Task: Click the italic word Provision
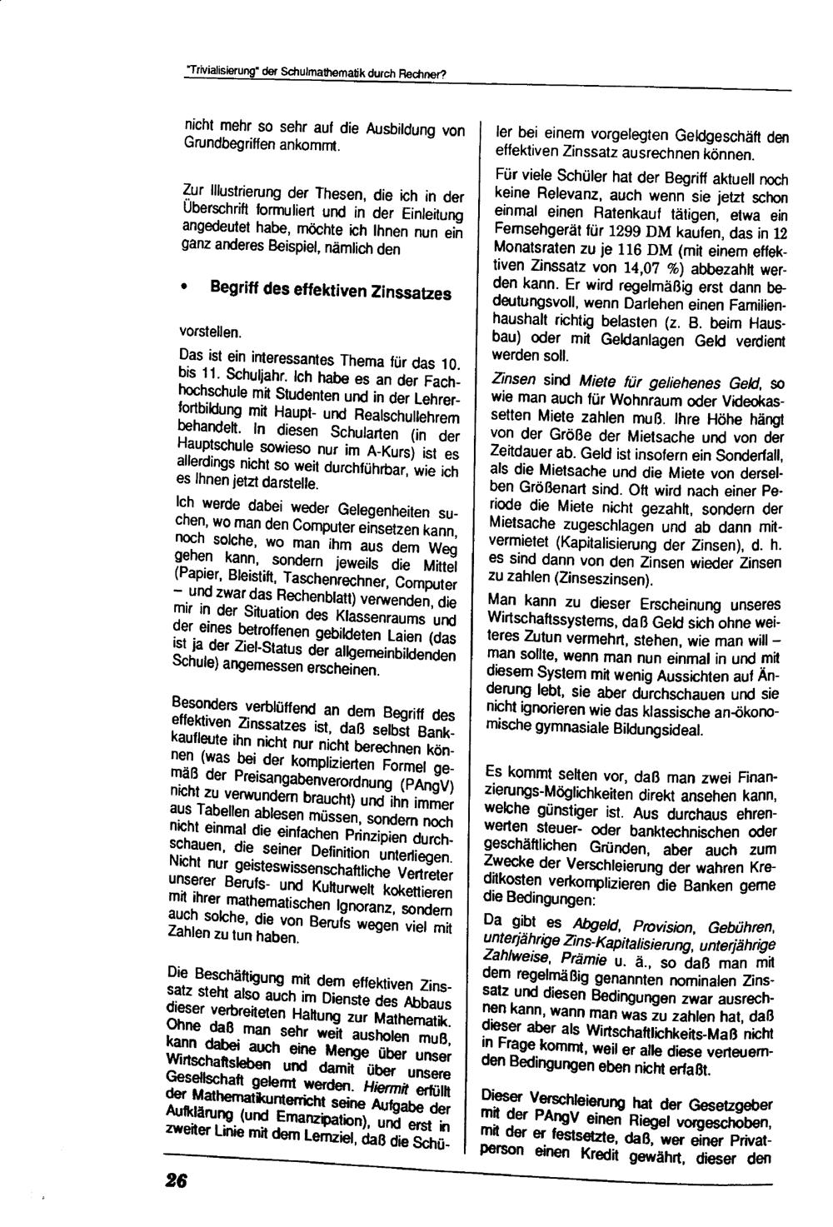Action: click(663, 927)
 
